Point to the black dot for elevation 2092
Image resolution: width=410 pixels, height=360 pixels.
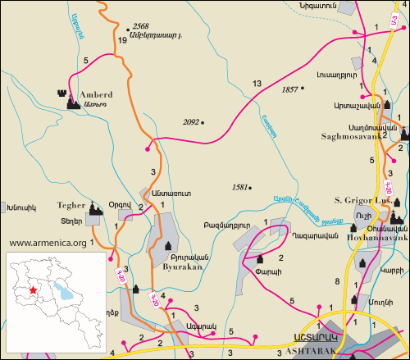pos(203,123)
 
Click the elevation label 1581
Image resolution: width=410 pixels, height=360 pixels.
pos(240,186)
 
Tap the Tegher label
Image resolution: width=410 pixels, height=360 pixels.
pos(71,206)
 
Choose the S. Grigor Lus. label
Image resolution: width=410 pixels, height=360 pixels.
pos(362,198)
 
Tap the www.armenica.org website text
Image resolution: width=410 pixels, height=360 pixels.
pos(48,243)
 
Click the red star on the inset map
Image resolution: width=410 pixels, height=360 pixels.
pos(32,289)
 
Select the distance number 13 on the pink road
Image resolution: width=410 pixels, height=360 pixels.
pos(257,84)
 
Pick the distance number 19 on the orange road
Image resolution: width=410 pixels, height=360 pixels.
pos(121,40)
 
